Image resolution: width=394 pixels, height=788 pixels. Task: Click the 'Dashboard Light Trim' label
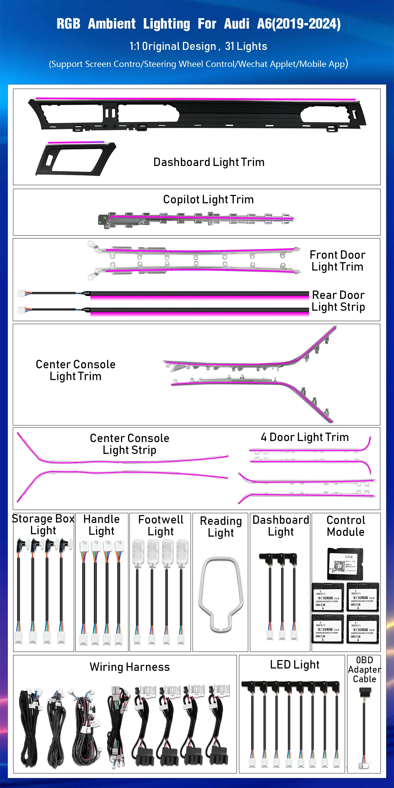pyautogui.click(x=209, y=162)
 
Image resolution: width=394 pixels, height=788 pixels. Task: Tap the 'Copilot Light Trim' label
pyautogui.click(x=208, y=199)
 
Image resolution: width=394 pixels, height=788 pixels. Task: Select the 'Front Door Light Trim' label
pyautogui.click(x=338, y=261)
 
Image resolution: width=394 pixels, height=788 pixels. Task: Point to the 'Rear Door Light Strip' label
pyautogui.click(x=338, y=301)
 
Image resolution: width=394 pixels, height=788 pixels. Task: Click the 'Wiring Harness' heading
pyautogui.click(x=130, y=667)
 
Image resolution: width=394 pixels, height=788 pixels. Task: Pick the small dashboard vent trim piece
pyautogui.click(x=75, y=158)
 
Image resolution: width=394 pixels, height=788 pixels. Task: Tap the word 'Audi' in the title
pyautogui.click(x=237, y=24)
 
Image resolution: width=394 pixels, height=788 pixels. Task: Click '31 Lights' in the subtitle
pyautogui.click(x=246, y=46)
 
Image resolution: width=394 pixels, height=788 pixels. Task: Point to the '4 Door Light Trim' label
pyautogui.click(x=305, y=437)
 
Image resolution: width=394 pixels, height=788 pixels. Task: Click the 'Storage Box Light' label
pyautogui.click(x=43, y=524)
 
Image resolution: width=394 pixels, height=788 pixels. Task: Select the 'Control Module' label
pyautogui.click(x=346, y=526)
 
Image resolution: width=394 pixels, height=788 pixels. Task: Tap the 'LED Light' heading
pyautogui.click(x=295, y=665)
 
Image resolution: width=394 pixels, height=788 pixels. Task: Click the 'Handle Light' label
pyautogui.click(x=102, y=525)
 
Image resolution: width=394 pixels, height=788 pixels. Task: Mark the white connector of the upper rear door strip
pyautogui.click(x=21, y=293)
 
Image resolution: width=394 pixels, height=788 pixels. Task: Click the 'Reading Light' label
pyautogui.click(x=221, y=526)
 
